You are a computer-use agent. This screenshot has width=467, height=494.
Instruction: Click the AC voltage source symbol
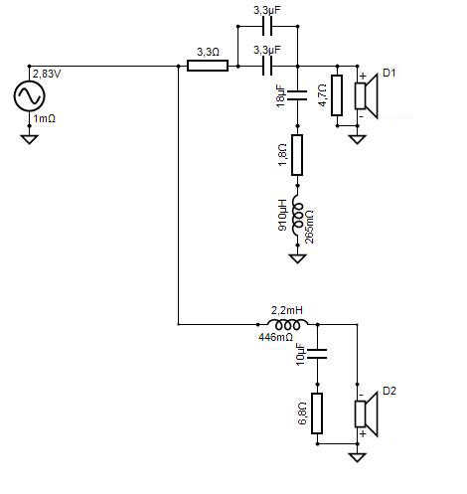pyautogui.click(x=29, y=95)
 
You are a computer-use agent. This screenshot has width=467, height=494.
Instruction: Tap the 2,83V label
pyautogui.click(x=47, y=74)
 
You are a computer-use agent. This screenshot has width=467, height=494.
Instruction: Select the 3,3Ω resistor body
pyautogui.click(x=208, y=66)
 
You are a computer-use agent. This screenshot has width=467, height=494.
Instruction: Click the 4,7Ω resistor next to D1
pyautogui.click(x=337, y=95)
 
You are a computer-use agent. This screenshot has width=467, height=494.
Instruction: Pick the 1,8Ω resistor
pyautogui.click(x=297, y=155)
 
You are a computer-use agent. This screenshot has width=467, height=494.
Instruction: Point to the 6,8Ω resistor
pyautogui.click(x=317, y=413)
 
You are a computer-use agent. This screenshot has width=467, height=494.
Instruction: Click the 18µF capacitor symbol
pyautogui.click(x=297, y=95)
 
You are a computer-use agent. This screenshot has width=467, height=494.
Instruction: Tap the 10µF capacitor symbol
pyautogui.click(x=317, y=354)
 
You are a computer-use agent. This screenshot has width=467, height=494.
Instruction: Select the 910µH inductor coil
pyautogui.click(x=297, y=216)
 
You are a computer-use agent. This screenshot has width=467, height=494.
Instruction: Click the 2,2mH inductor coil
pyautogui.click(x=287, y=324)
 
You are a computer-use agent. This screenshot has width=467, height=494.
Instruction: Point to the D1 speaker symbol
pyautogui.click(x=367, y=95)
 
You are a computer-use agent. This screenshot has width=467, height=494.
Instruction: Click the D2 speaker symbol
pyautogui.click(x=367, y=413)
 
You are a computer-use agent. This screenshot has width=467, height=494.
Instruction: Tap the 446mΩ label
pyautogui.click(x=276, y=338)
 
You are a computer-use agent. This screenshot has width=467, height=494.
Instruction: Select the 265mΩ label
pyautogui.click(x=310, y=227)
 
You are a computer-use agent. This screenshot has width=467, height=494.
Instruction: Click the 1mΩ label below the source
pyautogui.click(x=44, y=118)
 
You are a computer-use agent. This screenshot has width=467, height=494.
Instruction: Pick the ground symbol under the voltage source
pyautogui.click(x=29, y=139)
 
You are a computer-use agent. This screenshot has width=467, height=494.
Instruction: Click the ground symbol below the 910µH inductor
pyautogui.click(x=297, y=258)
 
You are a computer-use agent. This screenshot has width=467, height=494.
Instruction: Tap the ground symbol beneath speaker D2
pyautogui.click(x=357, y=457)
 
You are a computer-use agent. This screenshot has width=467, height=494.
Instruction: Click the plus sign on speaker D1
pyautogui.click(x=363, y=76)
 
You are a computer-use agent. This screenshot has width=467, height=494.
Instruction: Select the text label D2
pyautogui.click(x=389, y=391)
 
